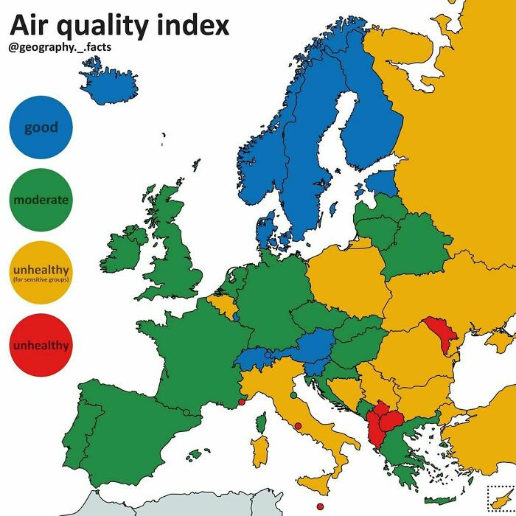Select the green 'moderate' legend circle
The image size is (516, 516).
(x=41, y=201)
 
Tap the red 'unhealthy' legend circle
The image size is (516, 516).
(x=41, y=346)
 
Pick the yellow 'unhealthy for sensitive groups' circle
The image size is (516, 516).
(x=41, y=273)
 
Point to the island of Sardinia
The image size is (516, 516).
(x=259, y=450)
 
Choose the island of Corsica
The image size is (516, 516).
(x=260, y=422)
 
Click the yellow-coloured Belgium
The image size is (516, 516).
(x=223, y=302)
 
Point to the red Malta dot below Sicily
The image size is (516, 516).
(x=320, y=506)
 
